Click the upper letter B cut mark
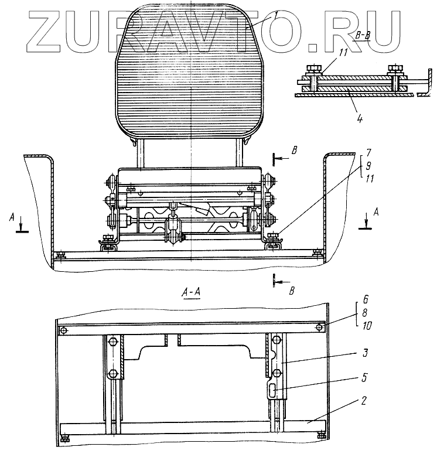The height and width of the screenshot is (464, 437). (295, 149)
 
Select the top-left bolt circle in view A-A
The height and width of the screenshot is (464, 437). (63, 332)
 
